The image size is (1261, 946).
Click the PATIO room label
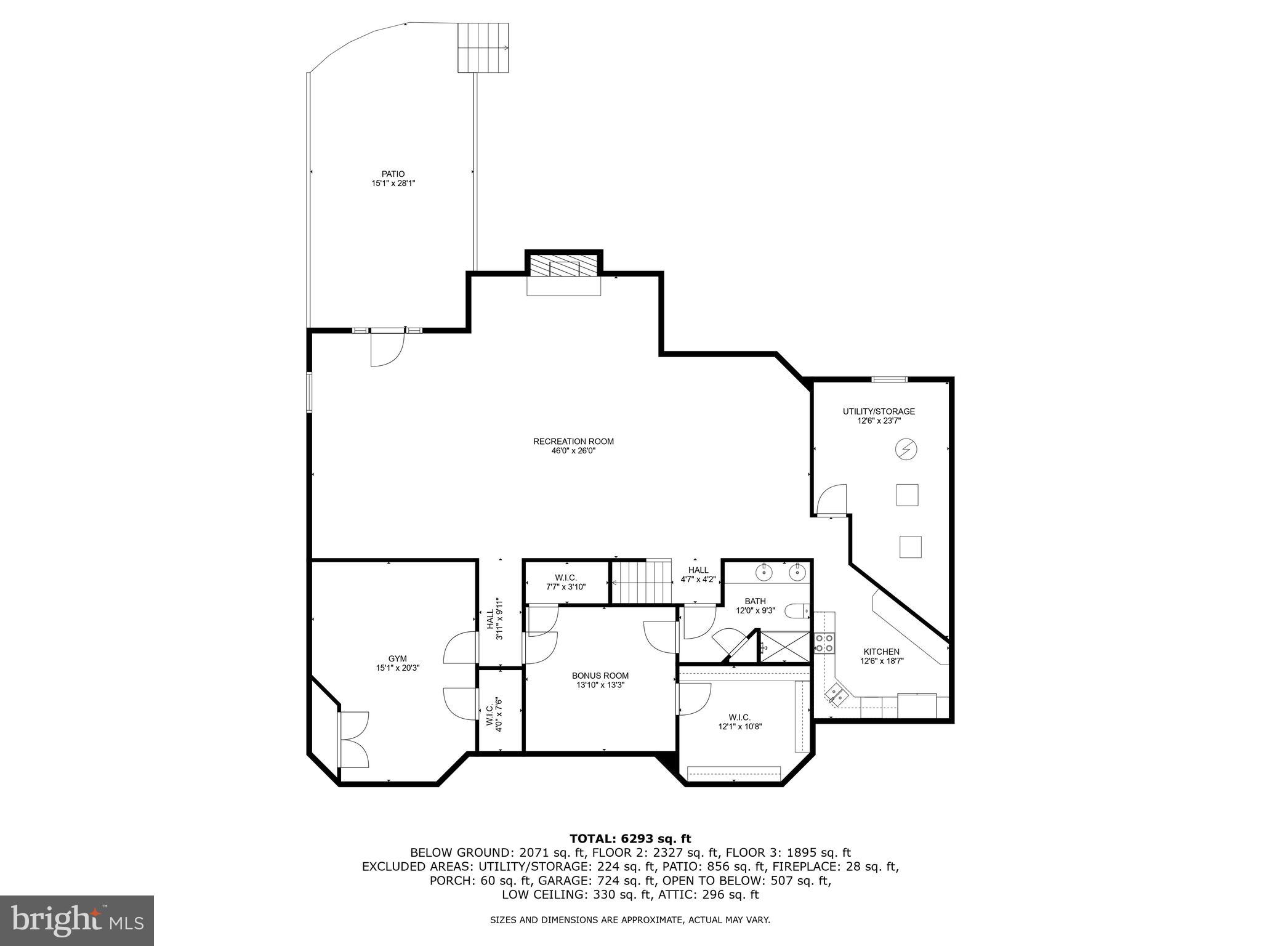[393, 174]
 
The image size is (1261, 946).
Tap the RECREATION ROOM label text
[573, 441]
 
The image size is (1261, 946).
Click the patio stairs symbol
[483, 48]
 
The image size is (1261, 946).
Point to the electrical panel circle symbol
[906, 450]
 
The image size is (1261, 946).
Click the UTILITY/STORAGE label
[879, 411]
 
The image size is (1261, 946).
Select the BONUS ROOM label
[600, 676]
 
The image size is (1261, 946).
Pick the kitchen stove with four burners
[824, 643]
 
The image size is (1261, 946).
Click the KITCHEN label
[881, 652]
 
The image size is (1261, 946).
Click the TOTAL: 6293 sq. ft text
[630, 838]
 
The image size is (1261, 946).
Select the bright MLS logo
[76, 920]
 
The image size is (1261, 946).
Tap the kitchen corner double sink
[837, 695]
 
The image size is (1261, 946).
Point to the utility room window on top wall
[889, 379]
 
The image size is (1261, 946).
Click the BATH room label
[755, 601]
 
